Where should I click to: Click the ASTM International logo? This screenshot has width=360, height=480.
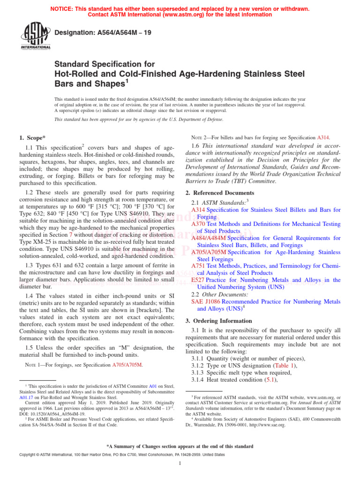pos(35,37)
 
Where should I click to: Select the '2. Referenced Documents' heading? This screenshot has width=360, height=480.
pos(221,193)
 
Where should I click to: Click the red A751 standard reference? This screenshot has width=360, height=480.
pos(198,266)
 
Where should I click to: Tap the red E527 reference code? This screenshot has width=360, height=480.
pos(198,280)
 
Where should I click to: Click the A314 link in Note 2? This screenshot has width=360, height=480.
pos(323,138)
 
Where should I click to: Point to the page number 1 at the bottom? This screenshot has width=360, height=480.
pos(180,464)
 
